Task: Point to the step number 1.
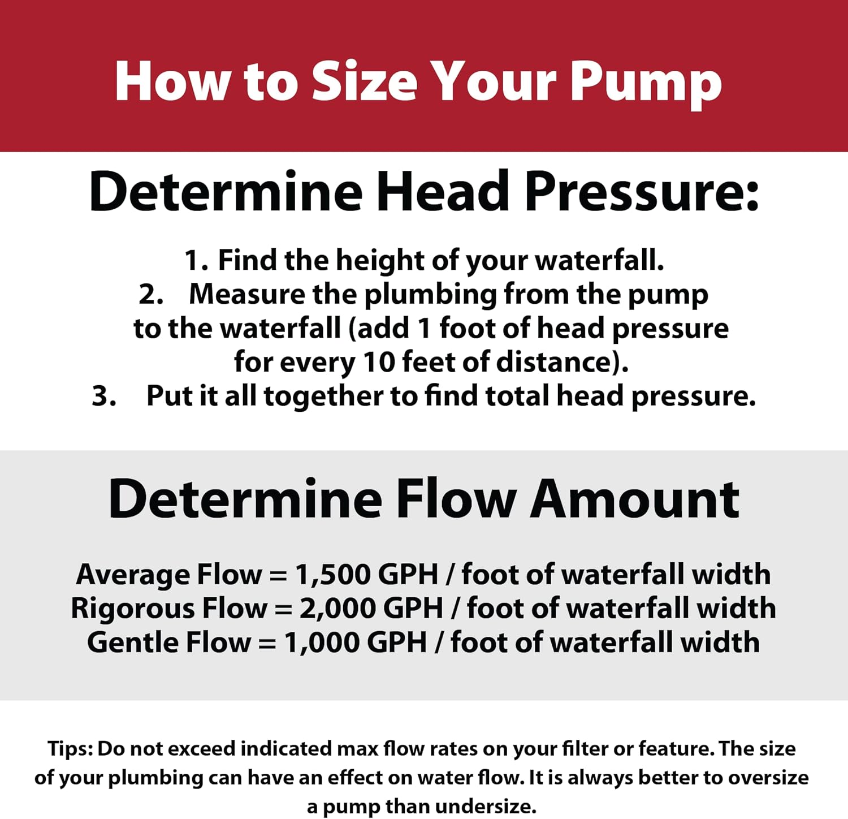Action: tap(196, 261)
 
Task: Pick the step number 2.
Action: tap(151, 295)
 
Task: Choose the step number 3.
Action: tap(104, 396)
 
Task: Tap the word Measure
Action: tap(246, 294)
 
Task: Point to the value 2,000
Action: tap(338, 609)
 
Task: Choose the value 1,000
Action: tap(322, 643)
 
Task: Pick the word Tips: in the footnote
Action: tap(70, 749)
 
